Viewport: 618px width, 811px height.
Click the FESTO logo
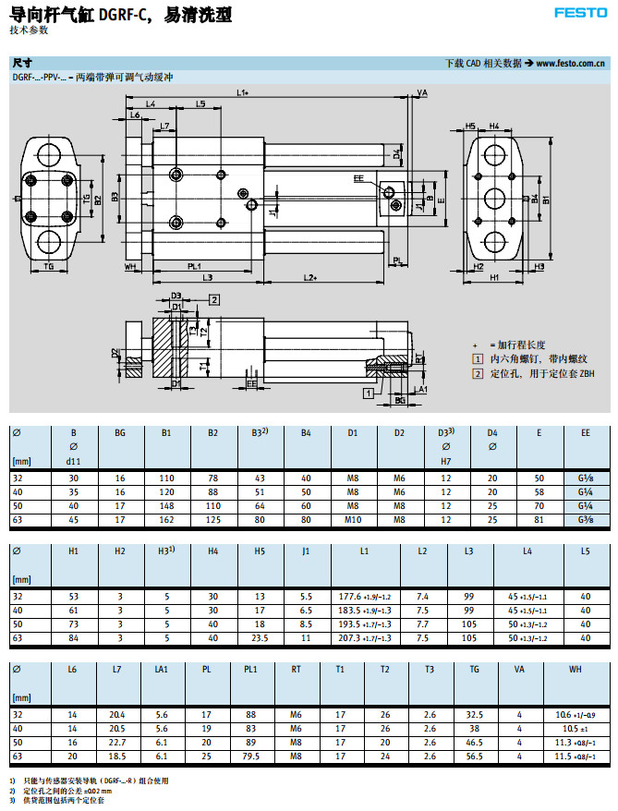(579, 13)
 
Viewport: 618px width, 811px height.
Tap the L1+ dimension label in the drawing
(244, 92)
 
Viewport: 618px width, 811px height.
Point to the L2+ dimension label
(310, 277)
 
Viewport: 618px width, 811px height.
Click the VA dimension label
(422, 93)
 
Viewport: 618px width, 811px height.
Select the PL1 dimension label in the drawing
(195, 266)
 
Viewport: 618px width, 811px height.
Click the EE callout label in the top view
(358, 176)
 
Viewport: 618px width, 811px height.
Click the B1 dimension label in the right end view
(547, 200)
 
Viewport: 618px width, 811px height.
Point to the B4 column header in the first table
(306, 431)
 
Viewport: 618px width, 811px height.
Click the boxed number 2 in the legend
(478, 373)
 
